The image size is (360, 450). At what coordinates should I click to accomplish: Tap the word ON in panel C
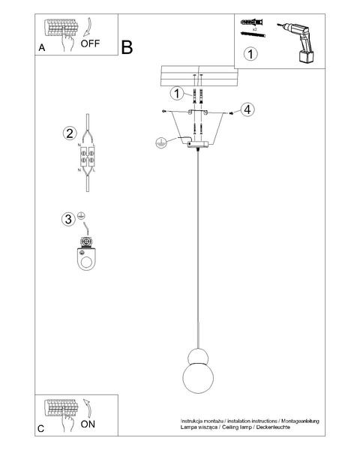88,424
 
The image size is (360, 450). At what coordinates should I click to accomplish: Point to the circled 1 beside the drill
250,54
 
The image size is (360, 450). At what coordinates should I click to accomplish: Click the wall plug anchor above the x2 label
253,24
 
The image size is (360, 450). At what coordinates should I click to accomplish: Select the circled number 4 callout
248,109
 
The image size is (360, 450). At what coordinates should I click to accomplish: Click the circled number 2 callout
70,133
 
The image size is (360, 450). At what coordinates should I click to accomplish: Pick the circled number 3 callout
69,220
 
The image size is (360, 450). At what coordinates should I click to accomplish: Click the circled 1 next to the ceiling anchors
175,93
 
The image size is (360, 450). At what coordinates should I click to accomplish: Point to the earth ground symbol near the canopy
159,142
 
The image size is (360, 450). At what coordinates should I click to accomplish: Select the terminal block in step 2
88,158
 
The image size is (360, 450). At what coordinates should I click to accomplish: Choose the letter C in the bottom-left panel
42,429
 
